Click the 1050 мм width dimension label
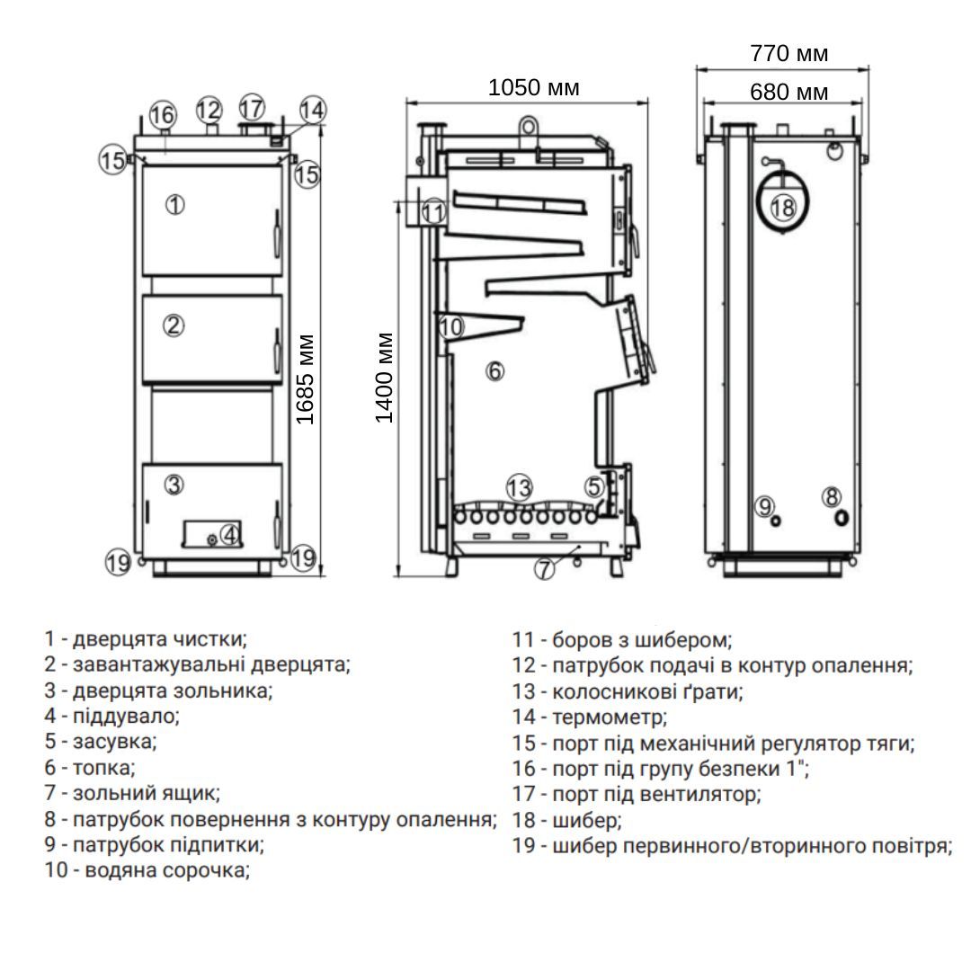[533, 87]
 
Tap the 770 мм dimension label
[788, 54]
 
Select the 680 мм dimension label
[788, 92]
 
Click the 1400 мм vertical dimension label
[385, 378]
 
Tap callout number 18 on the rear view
[783, 208]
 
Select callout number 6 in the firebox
[494, 370]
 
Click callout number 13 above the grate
[519, 488]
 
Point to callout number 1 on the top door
[175, 204]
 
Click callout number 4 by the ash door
[230, 535]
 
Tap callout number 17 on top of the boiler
[252, 108]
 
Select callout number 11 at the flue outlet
[434, 213]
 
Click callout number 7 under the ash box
[545, 569]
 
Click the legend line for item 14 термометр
[590, 717]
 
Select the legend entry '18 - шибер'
[566, 820]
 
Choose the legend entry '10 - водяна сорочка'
[147, 870]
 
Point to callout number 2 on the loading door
[175, 325]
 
